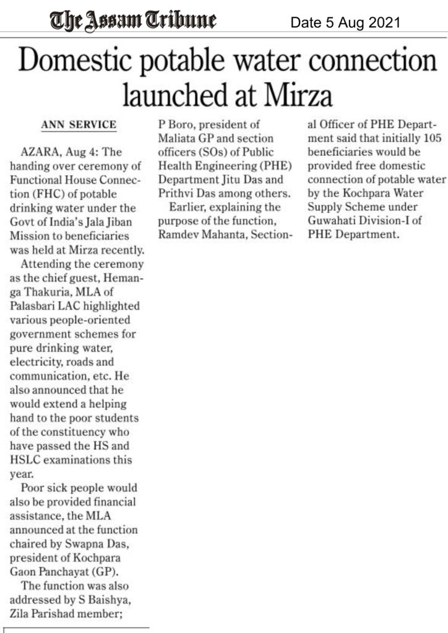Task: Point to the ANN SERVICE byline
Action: coord(79,125)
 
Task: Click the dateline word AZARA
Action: coord(40,152)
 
